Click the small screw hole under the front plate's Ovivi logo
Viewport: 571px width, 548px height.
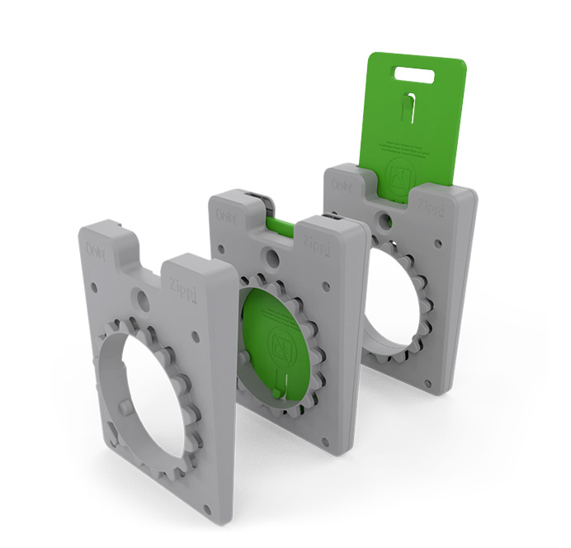click(94, 287)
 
